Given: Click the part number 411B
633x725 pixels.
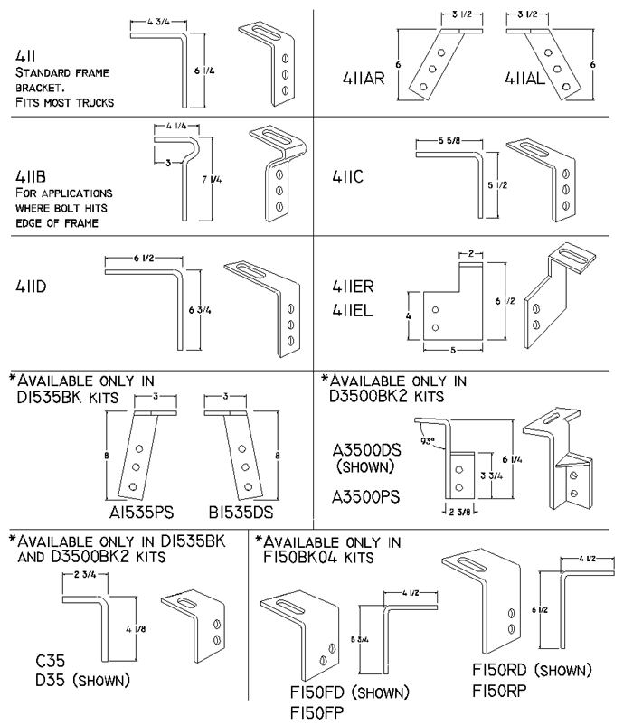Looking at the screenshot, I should click(31, 177).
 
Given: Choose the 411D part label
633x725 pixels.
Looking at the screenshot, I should click(33, 287).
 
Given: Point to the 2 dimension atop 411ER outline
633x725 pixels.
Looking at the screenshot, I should click(471, 256).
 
